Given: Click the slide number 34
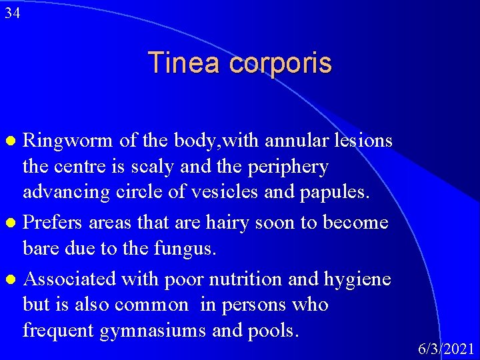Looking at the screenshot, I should click(x=11, y=13).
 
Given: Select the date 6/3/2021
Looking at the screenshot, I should click(x=446, y=349).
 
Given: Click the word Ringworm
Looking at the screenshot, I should click(x=70, y=141).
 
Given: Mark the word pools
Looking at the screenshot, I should click(x=274, y=331).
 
